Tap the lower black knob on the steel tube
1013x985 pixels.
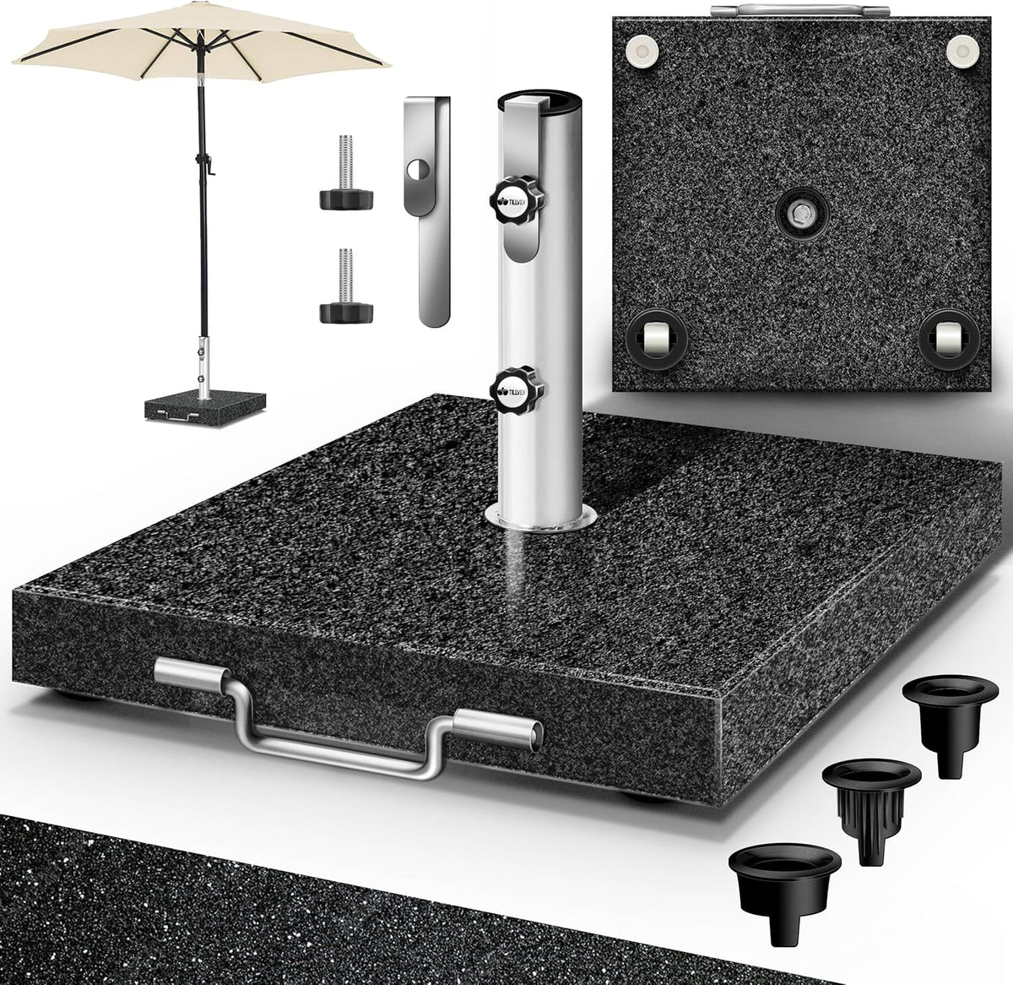pos(506,389)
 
